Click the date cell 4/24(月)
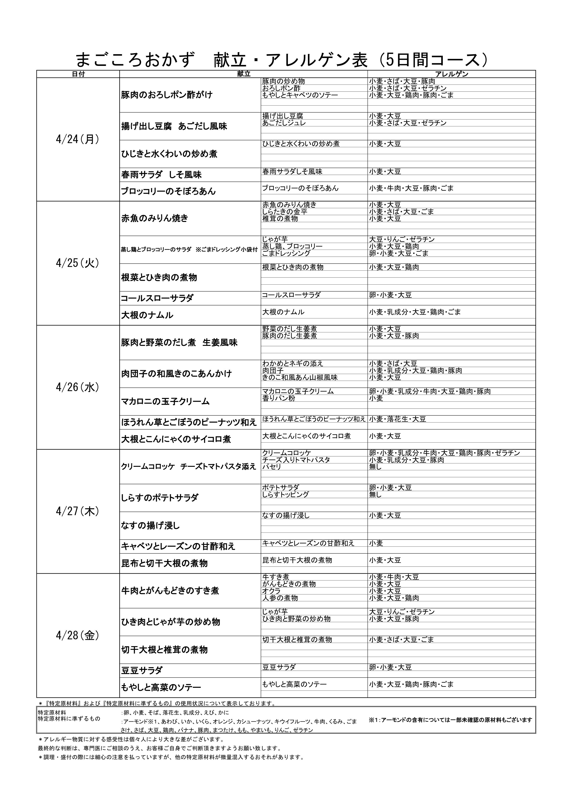tap(78, 140)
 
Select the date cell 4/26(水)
tap(78, 387)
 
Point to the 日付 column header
tap(78, 74)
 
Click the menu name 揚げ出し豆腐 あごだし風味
tap(174, 126)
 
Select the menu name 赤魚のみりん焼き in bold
tap(155, 218)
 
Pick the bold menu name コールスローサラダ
tap(157, 299)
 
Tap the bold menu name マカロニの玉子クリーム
tap(165, 401)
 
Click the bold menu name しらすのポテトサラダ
tap(159, 498)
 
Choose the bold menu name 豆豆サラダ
tap(142, 670)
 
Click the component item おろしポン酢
tap(281, 88)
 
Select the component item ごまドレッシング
tap(286, 253)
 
